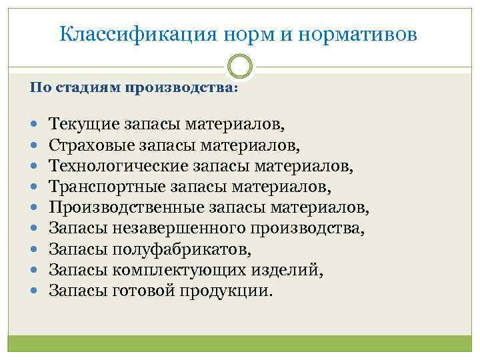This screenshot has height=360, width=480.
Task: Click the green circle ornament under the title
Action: coord(240,67)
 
